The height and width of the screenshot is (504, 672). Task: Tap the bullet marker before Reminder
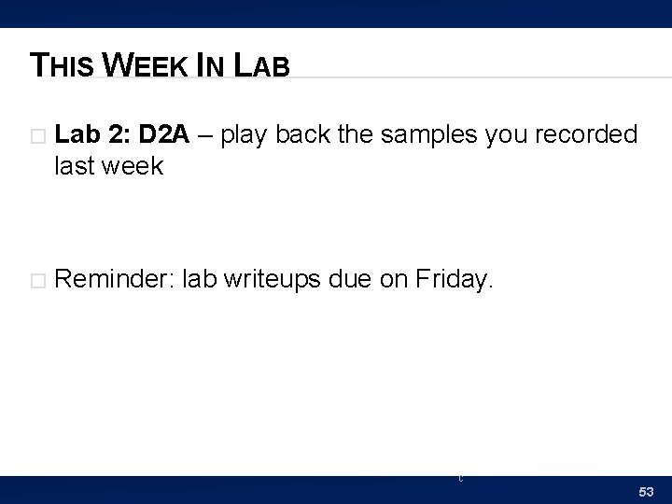(38, 277)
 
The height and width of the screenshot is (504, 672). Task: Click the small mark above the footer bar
(459, 478)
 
